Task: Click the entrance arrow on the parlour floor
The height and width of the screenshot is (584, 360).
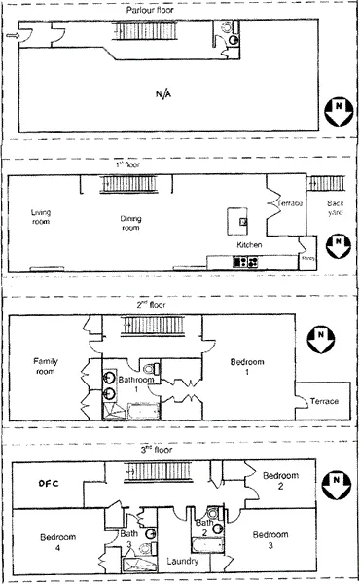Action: click(x=11, y=37)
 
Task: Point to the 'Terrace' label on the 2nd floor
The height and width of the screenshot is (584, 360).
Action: click(x=323, y=401)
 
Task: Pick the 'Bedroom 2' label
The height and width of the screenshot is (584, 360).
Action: click(x=281, y=480)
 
